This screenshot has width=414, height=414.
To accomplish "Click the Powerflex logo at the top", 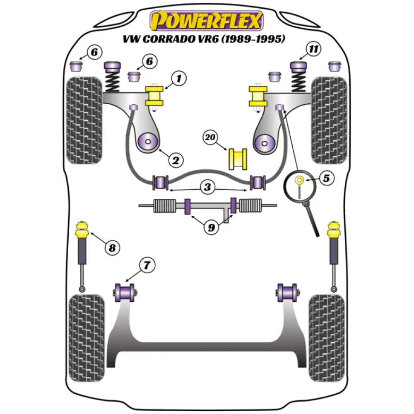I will coord(207,21).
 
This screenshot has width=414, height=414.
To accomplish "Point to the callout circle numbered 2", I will coord(175,159).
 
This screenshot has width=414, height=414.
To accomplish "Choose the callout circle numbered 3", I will coord(207,187).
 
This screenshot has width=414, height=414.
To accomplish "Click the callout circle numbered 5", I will coord(326,179).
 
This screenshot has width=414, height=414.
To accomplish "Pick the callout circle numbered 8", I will coord(111,248).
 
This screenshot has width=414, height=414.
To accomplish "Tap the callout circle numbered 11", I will coord(314,50).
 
